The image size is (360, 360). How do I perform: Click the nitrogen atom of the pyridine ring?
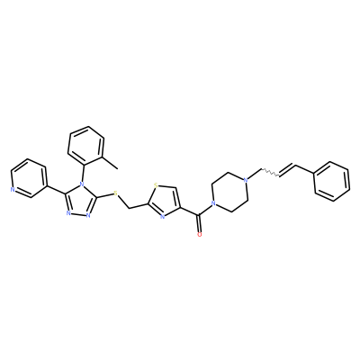12,190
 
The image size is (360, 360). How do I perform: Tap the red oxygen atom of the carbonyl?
200,234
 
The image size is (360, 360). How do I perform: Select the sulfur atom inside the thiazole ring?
156,185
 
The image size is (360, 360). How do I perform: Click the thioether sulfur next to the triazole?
116,193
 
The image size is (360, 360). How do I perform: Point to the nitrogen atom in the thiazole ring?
162,216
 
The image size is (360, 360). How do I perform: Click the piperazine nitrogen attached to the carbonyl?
213,203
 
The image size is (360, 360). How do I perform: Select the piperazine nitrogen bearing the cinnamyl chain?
246,180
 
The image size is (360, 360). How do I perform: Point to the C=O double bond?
199,223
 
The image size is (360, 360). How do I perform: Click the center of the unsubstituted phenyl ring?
331,181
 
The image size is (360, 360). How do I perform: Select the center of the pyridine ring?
29,178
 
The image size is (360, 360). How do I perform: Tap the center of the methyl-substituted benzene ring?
85,146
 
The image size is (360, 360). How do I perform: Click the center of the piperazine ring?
229,192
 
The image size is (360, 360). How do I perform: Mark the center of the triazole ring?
80,200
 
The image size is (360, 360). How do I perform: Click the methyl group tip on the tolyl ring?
117,168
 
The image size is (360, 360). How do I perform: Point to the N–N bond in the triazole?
78,214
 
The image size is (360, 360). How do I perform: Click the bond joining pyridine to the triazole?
56,189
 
